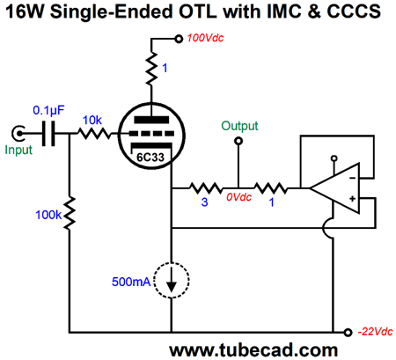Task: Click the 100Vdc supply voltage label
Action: [x=205, y=38]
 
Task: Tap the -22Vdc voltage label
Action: [x=375, y=332]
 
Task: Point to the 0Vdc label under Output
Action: [x=238, y=197]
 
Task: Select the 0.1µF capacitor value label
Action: [x=48, y=111]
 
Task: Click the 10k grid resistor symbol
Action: [x=94, y=134]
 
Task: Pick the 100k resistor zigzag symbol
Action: [x=70, y=214]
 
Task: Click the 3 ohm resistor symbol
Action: [x=206, y=188]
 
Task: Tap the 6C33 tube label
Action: [x=150, y=158]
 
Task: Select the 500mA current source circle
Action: [x=172, y=280]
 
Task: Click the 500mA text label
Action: [x=131, y=282]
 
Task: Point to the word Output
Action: [x=239, y=126]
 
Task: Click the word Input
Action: [x=18, y=150]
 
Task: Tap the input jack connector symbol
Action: [x=18, y=134]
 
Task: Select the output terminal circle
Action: [x=238, y=142]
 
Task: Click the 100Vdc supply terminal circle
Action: [x=179, y=39]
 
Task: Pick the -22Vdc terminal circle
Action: [x=348, y=333]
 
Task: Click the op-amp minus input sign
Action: [x=353, y=178]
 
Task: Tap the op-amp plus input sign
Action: [x=353, y=199]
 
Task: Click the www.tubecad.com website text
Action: [x=253, y=350]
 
